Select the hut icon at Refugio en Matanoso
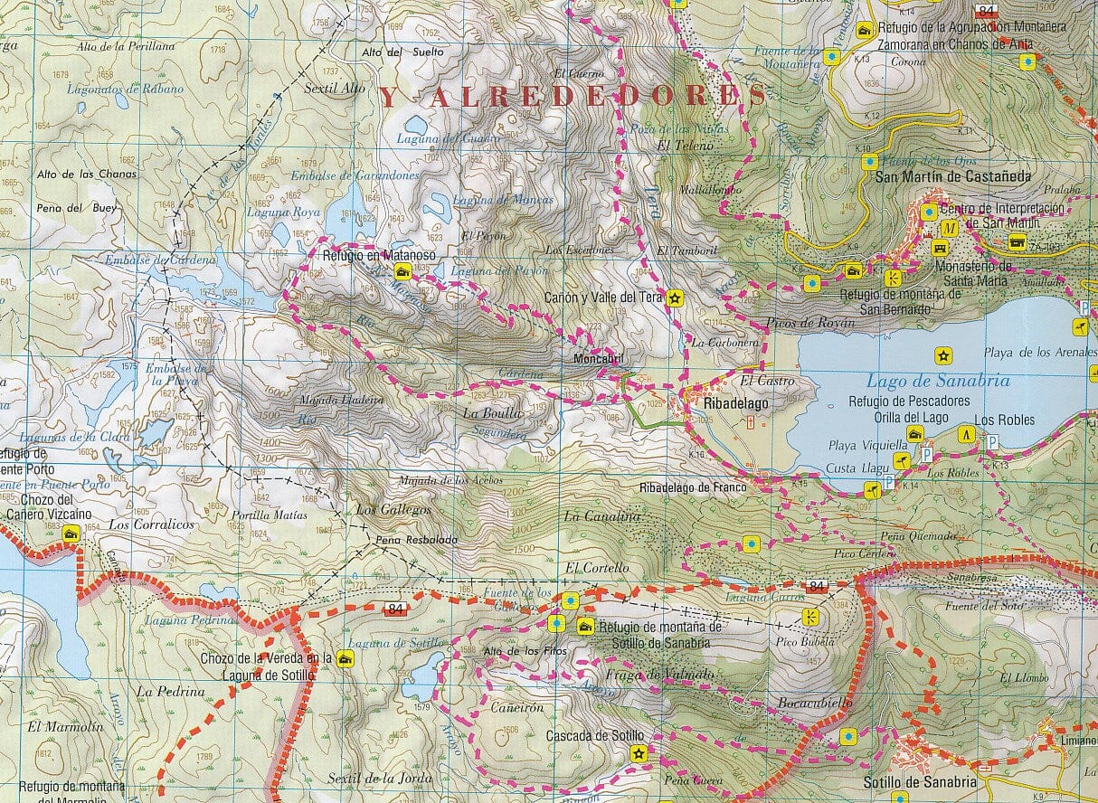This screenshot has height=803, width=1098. [x=402, y=272]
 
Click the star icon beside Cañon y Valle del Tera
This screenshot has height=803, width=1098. [x=675, y=298]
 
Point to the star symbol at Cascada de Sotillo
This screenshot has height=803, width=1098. [x=639, y=753]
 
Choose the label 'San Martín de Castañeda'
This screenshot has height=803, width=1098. [x=952, y=177]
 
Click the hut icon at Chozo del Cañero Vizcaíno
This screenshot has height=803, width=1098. [x=71, y=535]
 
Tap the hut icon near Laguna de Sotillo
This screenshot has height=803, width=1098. [x=344, y=659]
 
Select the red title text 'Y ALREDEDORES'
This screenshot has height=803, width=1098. [x=572, y=97]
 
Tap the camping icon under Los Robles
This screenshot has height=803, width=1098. [x=967, y=434]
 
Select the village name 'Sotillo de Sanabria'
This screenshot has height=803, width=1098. [x=920, y=781]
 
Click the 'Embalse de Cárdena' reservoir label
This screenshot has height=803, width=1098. [x=161, y=260]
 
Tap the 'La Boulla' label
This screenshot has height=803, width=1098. [x=492, y=413]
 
